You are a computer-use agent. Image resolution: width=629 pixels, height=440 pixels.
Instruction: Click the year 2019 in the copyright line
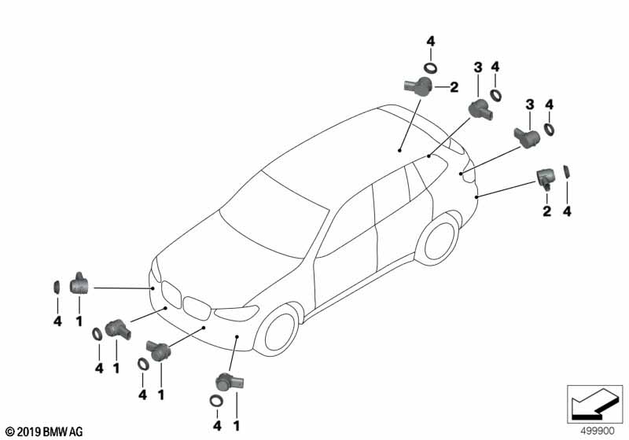tap(28, 431)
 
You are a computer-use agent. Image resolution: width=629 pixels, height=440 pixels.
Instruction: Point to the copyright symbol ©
tap(9, 431)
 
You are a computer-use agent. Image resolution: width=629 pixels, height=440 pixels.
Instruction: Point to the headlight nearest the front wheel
tap(237, 313)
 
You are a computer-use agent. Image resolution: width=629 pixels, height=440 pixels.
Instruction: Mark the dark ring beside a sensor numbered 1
tap(57, 286)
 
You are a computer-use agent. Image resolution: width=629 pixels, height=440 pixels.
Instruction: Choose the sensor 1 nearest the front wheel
tap(229, 383)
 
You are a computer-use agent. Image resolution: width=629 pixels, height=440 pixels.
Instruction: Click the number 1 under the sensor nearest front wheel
tap(236, 425)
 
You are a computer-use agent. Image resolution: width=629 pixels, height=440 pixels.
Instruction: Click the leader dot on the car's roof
tap(399, 148)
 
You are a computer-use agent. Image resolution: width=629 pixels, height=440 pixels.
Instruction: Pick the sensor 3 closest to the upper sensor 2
tap(479, 109)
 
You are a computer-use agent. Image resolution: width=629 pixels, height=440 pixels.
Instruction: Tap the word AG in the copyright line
tap(75, 431)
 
